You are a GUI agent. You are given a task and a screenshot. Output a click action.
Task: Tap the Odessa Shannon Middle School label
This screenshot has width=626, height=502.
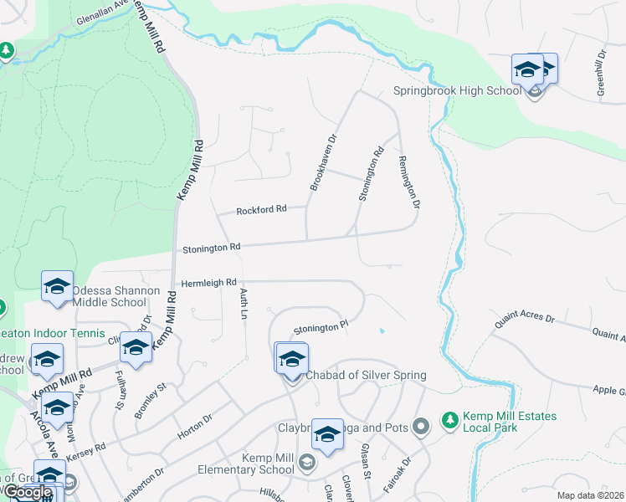(x=109, y=297)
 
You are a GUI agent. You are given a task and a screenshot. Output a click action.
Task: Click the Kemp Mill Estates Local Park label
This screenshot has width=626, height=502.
(x=506, y=422)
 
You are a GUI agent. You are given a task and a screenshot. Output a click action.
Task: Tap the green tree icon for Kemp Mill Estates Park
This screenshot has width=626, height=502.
(x=451, y=417)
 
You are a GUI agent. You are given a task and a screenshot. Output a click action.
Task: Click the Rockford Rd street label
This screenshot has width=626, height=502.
(x=261, y=210)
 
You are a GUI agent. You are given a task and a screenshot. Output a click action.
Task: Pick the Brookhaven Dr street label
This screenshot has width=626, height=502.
(x=323, y=162)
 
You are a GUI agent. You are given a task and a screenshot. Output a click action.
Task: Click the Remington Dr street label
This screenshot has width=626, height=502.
(x=408, y=182)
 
